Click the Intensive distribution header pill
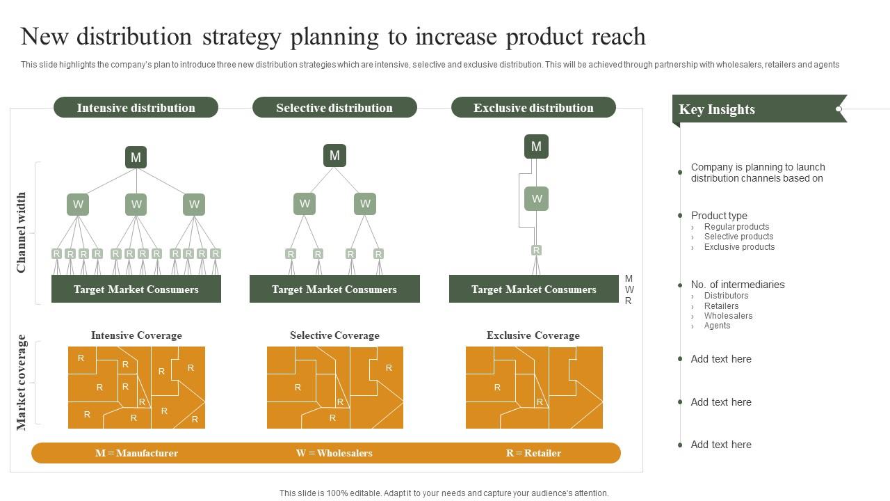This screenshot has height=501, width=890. pos(136,108)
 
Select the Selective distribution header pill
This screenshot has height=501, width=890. pos(334,108)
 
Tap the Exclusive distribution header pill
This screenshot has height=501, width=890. pos(533,108)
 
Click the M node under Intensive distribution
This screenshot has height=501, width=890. pos(136,157)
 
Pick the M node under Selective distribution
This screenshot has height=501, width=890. pos(334,156)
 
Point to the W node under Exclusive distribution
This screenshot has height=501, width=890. pos(536,198)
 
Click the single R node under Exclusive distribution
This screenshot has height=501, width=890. pos(536,250)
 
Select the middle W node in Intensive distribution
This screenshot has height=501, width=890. pos(136,204)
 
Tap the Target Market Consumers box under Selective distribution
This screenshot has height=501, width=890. pos(334,289)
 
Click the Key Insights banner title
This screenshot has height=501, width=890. pos(717,109)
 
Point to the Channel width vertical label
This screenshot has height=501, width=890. pos(21,232)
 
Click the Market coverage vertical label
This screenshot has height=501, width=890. pos(21,382)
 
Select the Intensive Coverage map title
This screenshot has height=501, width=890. pos(136,335)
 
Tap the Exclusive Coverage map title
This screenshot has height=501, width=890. pos(533,335)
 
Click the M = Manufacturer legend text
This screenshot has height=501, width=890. pos(136,453)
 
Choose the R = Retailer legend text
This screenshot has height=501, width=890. pos(533,453)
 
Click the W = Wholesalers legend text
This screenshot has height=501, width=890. pos(334,453)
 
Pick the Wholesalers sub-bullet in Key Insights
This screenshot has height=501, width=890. pos(728,316)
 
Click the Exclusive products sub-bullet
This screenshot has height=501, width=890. pos(739,247)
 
